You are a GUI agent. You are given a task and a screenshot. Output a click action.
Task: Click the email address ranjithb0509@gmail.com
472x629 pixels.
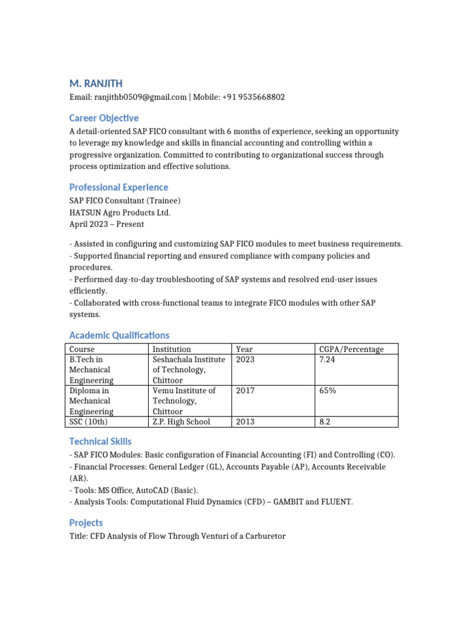140,97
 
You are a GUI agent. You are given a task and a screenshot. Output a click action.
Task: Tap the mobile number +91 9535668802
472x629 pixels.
253,97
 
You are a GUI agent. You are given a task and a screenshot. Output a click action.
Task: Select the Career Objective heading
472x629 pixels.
104,118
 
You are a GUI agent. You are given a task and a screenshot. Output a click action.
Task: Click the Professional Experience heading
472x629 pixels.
119,187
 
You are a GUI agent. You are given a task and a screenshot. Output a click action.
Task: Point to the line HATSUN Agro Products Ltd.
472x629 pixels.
120,213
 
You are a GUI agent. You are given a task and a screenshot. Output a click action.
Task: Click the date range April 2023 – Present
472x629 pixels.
107,224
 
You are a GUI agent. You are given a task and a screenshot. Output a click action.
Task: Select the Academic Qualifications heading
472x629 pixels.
119,335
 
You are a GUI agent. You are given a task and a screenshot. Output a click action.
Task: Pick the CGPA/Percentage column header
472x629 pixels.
352,349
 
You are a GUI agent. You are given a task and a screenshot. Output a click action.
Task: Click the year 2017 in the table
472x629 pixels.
245,391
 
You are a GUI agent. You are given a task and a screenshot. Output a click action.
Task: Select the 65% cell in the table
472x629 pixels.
328,391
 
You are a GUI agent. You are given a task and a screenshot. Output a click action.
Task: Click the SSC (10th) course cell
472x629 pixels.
92,421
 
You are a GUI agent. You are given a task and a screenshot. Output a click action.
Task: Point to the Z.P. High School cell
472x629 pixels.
181,421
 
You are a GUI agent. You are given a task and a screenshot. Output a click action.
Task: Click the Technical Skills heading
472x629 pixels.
100,441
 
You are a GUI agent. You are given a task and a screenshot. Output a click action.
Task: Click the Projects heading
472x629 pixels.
86,522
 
